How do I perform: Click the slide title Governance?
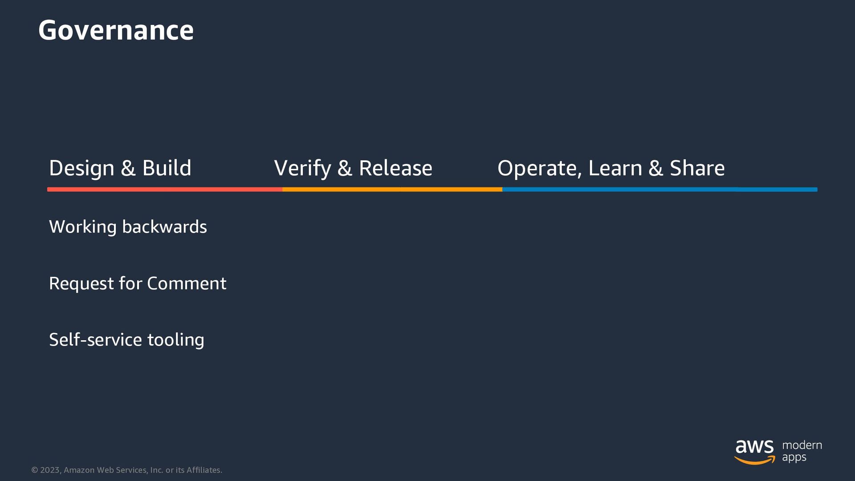click(116, 30)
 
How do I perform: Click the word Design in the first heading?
click(81, 168)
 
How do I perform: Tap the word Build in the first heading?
click(167, 168)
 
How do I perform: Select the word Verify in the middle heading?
click(302, 168)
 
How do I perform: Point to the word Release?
click(395, 168)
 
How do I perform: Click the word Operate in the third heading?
click(539, 168)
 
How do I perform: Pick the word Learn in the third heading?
click(615, 168)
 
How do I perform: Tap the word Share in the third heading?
click(697, 168)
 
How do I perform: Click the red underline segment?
click(165, 189)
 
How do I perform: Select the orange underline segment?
click(392, 189)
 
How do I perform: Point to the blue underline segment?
click(659, 189)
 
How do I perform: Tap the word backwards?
click(164, 227)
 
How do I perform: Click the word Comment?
click(187, 284)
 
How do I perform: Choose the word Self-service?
click(95, 340)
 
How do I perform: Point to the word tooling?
click(175, 340)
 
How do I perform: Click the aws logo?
click(754, 451)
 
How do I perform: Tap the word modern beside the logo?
click(802, 445)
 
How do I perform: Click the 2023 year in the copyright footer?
click(49, 470)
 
